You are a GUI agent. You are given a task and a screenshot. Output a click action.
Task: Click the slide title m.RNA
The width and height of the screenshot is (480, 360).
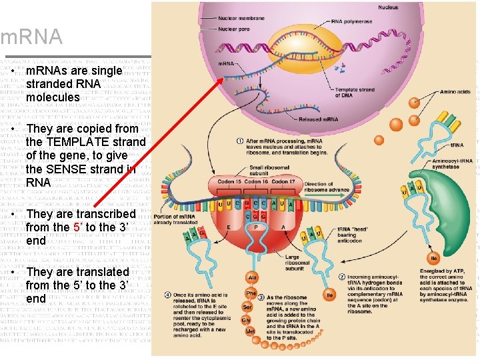[x=31, y=37]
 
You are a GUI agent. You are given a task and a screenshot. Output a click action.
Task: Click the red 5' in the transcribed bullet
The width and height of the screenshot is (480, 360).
[x=77, y=227]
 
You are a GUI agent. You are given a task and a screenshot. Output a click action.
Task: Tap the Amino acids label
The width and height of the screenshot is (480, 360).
[x=456, y=92]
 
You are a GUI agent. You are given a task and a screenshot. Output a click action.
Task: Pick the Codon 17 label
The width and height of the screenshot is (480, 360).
[x=283, y=181]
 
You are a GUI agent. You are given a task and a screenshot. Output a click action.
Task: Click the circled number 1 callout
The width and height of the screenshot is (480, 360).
[x=240, y=141]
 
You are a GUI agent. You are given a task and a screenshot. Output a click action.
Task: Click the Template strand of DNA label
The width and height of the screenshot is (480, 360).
[x=355, y=92]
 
